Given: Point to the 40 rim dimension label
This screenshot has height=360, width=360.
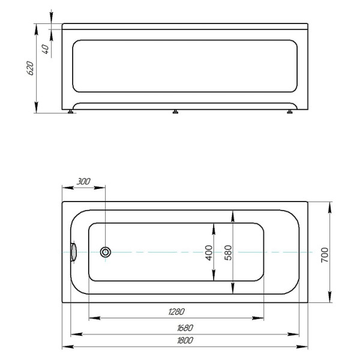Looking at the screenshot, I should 46,49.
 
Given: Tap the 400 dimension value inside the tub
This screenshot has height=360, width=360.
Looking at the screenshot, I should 208,252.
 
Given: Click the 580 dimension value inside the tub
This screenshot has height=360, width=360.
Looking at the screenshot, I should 228,252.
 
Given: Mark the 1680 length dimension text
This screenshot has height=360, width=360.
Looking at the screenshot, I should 184,328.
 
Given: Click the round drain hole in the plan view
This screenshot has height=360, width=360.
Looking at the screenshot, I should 106,252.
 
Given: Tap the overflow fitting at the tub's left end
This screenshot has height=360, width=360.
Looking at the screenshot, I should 74,251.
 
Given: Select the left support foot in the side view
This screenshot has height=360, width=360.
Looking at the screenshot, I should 73,112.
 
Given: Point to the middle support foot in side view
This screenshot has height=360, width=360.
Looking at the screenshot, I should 175,112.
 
